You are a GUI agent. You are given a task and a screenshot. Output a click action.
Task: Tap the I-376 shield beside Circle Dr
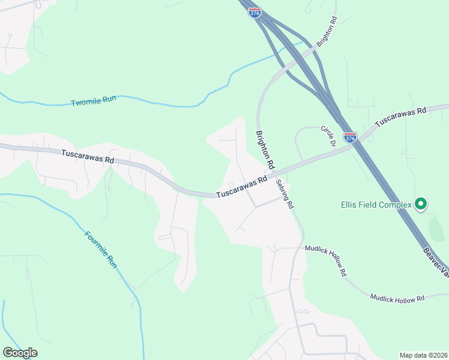coord(351,137)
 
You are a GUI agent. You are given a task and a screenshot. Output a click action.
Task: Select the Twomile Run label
coord(93,101)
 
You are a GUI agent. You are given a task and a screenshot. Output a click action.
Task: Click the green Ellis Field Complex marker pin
coord(421,205)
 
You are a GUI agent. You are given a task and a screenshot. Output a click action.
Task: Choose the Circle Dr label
coord(328,136)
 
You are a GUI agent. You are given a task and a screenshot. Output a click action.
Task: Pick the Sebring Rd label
coord(285,193)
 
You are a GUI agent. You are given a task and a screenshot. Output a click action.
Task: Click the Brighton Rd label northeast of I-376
coord(327,32)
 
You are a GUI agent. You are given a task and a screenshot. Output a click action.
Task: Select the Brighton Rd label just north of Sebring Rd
coord(265,149)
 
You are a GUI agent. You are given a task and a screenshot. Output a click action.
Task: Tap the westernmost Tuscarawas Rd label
coord(88,157)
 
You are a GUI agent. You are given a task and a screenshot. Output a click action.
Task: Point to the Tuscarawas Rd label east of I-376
coord(400,117)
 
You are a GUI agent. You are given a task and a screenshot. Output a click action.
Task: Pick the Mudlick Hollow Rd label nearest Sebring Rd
coord(326,259)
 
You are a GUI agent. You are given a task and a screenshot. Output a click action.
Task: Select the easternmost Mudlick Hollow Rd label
coord(397,298)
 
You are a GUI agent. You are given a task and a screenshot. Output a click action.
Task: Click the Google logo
coord(20,353)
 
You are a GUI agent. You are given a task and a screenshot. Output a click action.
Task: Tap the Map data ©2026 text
coord(423,355)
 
